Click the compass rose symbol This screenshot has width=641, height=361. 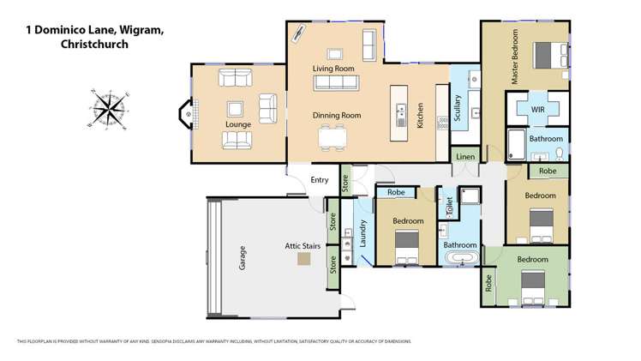(109, 110)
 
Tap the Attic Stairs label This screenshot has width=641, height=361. (302, 246)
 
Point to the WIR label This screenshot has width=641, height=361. (538, 111)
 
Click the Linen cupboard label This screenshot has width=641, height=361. (465, 157)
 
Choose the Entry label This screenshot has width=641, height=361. (319, 179)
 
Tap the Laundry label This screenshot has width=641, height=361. (362, 234)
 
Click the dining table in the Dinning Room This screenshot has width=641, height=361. (332, 137)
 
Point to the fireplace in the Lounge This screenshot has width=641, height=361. (186, 112)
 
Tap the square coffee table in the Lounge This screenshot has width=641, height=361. (235, 109)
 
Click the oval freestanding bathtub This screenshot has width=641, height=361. (464, 258)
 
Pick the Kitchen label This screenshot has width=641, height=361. (420, 116)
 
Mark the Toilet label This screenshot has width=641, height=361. (448, 207)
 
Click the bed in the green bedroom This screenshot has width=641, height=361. (533, 280)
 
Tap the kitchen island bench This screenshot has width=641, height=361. (400, 112)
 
